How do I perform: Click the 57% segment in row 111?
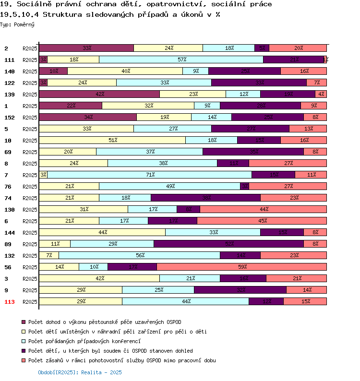tap(181, 60)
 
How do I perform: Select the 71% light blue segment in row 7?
tap(149, 175)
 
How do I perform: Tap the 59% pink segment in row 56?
tap(241, 267)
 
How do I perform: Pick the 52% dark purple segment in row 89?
tap(228, 244)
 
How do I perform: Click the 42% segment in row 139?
tap(99, 94)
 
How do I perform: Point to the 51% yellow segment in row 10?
tap(112, 140)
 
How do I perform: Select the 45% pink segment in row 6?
tap(262, 221)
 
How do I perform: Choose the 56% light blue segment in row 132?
tap(139, 255)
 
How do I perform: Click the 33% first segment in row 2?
tap(86, 48)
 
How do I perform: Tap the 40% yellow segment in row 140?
tap(125, 71)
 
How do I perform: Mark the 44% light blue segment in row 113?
tap(185, 301)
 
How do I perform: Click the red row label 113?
tap(10, 302)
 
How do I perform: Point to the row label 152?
tap(10, 118)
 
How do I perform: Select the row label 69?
tap(8, 152)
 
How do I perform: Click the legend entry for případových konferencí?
tap(84, 341)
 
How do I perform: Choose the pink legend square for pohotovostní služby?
tap(23, 360)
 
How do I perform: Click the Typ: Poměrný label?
tap(17, 24)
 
